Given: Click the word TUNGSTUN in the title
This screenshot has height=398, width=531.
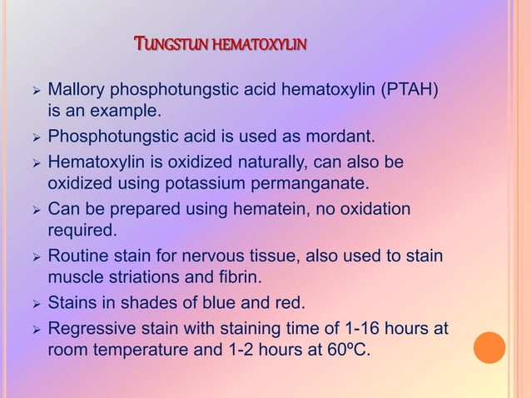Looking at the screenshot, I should [169, 42].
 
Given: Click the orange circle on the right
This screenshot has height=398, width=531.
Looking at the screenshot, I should [489, 347].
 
